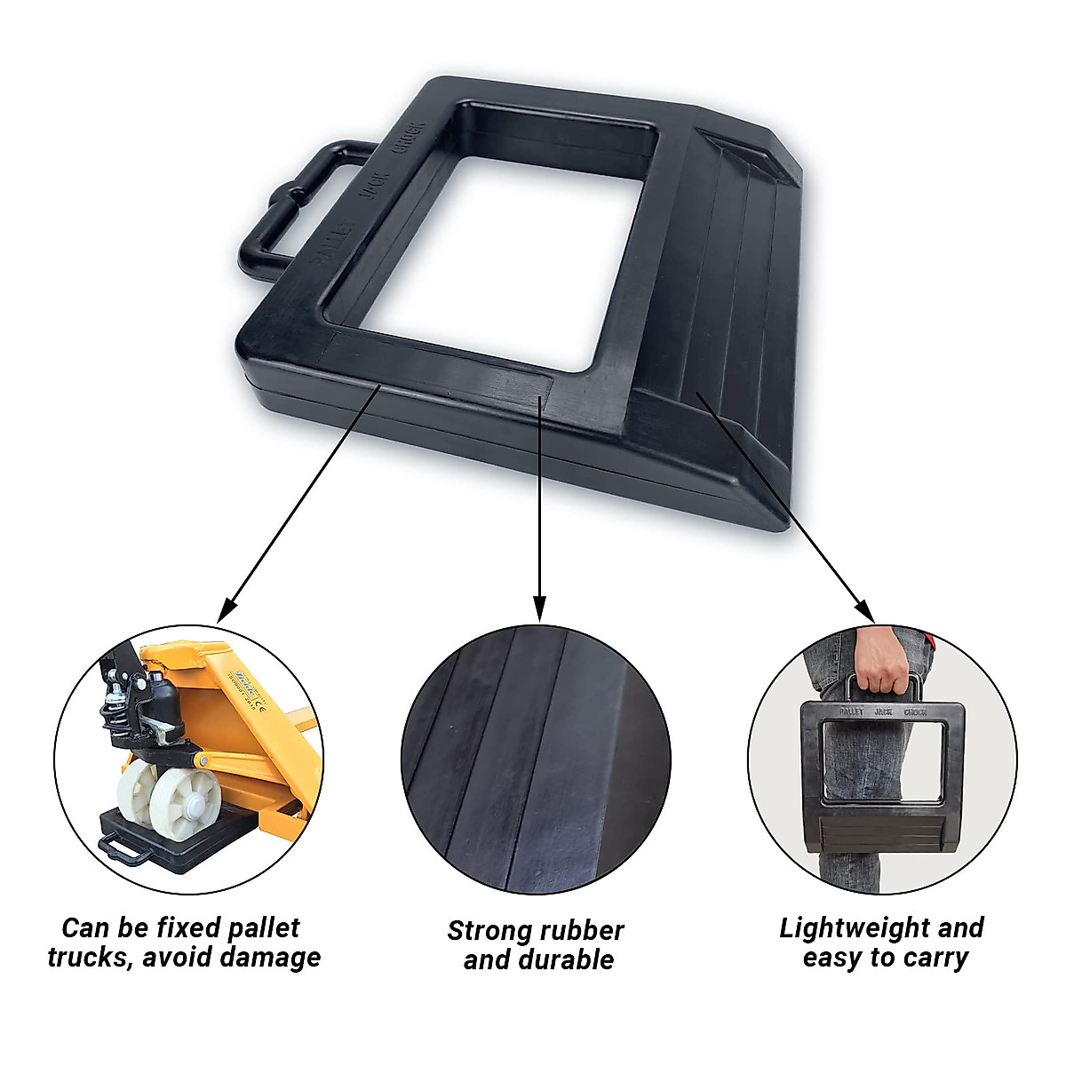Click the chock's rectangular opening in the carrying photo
[x=882, y=760]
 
